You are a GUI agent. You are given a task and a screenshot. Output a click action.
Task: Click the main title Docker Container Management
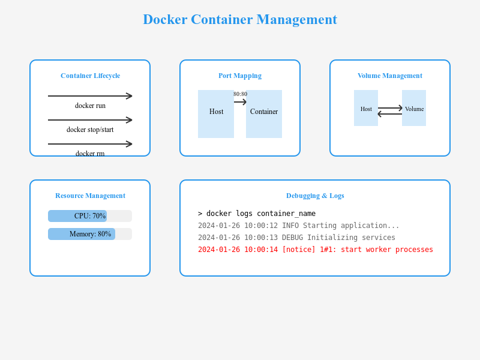click(x=240, y=19)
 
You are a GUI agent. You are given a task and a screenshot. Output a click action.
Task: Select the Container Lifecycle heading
click(x=90, y=76)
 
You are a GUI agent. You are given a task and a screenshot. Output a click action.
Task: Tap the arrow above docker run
click(x=90, y=96)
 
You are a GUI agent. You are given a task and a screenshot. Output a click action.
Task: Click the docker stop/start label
click(x=90, y=130)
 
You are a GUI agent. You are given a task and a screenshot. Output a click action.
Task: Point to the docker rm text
click(x=90, y=153)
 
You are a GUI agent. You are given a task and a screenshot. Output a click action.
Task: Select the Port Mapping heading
click(x=240, y=76)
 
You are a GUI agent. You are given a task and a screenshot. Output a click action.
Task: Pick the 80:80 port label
click(x=240, y=94)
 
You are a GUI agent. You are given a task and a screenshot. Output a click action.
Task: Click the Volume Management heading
click(x=390, y=76)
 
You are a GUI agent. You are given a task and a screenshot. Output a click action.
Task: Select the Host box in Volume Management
click(x=366, y=108)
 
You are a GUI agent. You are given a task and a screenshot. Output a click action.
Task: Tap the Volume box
click(x=414, y=108)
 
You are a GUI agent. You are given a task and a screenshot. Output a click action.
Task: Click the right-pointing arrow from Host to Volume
click(x=390, y=108)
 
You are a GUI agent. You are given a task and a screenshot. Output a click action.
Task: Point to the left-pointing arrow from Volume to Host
click(x=390, y=114)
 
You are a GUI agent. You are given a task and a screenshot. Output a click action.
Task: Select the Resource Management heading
click(x=90, y=196)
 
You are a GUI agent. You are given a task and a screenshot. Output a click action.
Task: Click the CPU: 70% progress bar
click(x=90, y=216)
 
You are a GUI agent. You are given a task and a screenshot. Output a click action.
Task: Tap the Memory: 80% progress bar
click(x=90, y=234)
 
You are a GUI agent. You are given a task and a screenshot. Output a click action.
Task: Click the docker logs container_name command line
click(x=257, y=214)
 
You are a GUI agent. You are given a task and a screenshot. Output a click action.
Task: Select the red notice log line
click(x=316, y=250)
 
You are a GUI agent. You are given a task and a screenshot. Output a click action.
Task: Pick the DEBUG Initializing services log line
click(x=296, y=238)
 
